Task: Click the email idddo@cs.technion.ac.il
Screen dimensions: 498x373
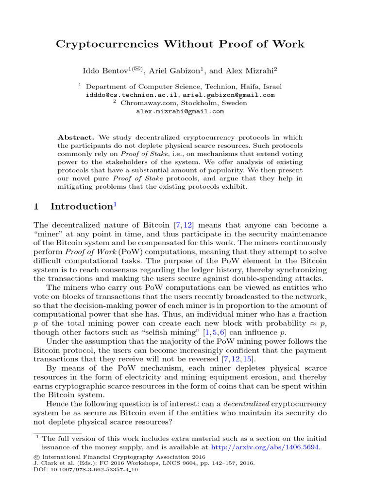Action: point(132,95)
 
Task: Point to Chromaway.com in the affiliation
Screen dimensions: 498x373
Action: point(142,103)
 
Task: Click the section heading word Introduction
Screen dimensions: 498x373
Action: point(81,206)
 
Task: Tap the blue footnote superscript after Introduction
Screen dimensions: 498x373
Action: point(115,203)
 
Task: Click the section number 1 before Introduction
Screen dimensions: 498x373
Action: point(36,206)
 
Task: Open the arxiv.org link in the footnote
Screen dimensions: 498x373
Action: point(265,446)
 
